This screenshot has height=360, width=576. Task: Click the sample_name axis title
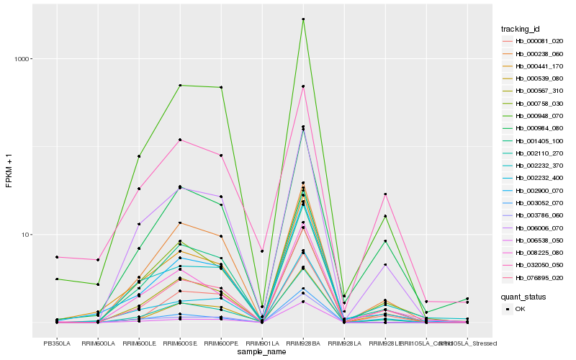(x=262, y=352)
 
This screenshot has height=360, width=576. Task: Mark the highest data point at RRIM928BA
(x=303, y=19)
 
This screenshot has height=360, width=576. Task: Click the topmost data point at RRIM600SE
(x=180, y=86)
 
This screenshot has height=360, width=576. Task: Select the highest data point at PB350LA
(x=57, y=257)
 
